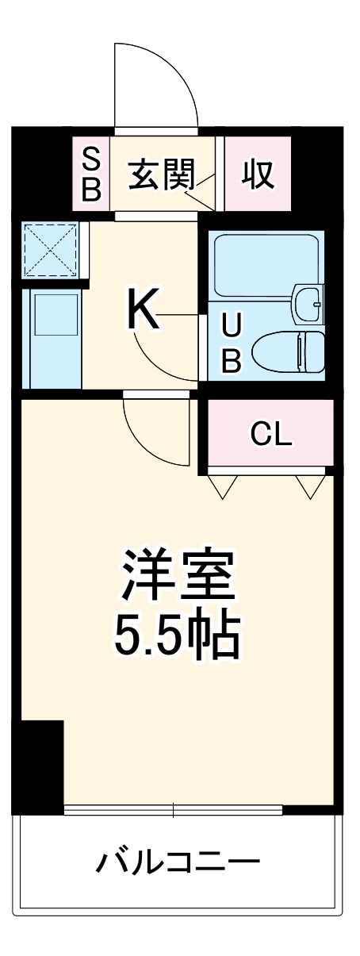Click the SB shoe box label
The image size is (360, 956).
92,174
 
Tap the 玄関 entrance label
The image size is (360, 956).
163,174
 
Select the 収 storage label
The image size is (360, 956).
258,174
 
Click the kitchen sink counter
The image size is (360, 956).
52,336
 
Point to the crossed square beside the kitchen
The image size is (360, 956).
49,248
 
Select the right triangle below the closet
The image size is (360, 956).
308,485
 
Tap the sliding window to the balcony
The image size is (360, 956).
173,810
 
